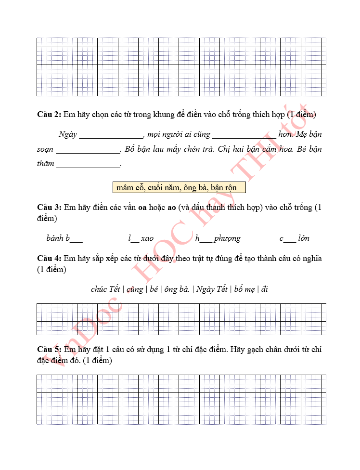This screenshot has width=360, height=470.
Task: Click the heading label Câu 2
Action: click(49, 115)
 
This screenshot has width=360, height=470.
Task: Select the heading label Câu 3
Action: click(49, 208)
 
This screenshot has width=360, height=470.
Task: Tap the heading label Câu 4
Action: click(49, 259)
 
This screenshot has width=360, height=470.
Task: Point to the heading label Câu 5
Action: click(49, 349)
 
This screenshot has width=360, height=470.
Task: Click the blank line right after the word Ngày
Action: click(111, 134)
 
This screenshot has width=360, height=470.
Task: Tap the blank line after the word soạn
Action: click(88, 149)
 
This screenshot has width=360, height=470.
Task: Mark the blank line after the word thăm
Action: click(88, 164)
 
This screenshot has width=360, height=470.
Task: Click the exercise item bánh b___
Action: click(64, 238)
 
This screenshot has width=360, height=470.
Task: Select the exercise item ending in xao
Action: click(141, 238)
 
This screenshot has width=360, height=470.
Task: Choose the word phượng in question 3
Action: click(227, 238)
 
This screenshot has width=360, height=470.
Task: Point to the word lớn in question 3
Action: click(304, 238)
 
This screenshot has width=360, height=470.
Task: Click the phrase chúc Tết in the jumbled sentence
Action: click(105, 289)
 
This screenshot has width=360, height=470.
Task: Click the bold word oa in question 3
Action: click(142, 208)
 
